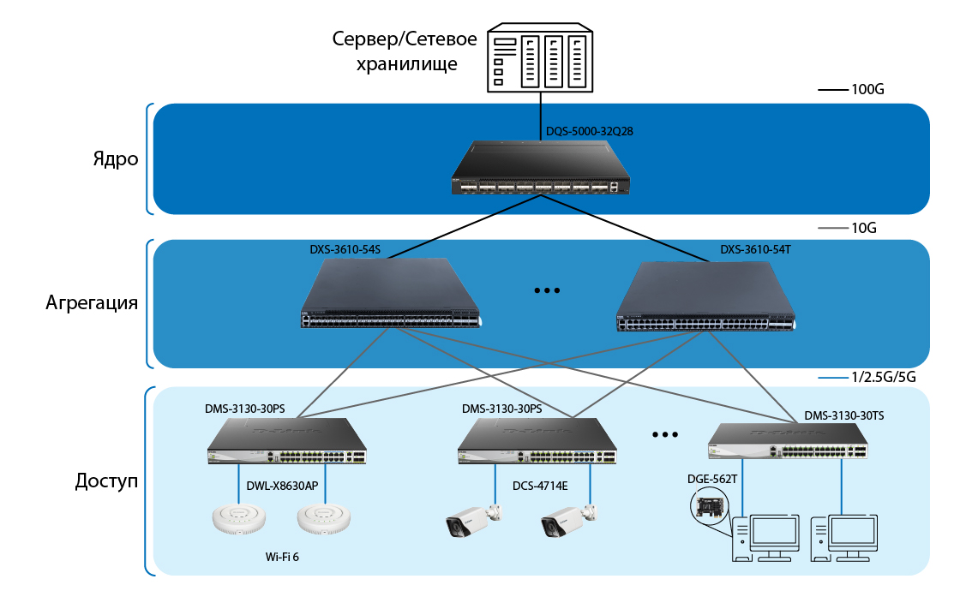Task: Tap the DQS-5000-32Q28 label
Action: click(x=590, y=132)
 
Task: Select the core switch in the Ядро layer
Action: click(x=539, y=168)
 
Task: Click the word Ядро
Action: click(x=116, y=159)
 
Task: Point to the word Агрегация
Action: click(x=92, y=303)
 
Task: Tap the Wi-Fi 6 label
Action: click(x=284, y=557)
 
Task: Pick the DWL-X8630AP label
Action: click(x=282, y=486)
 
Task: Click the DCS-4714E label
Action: click(x=540, y=486)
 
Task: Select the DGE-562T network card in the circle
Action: click(x=710, y=507)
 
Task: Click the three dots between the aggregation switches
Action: click(x=546, y=291)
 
